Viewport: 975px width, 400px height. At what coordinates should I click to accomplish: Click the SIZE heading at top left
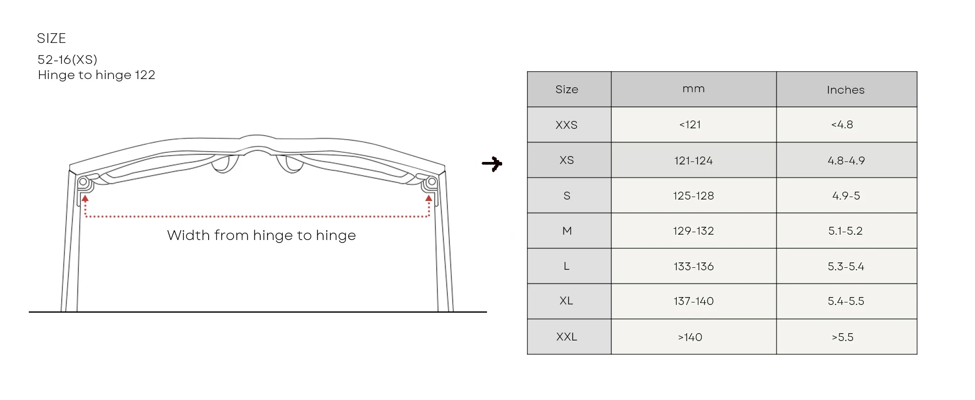pyautogui.click(x=51, y=38)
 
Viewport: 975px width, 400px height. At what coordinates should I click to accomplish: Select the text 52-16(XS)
pyautogui.click(x=67, y=60)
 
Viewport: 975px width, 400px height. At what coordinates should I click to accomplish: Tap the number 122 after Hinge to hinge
pyautogui.click(x=145, y=75)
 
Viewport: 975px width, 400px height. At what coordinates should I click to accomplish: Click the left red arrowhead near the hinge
pyautogui.click(x=85, y=198)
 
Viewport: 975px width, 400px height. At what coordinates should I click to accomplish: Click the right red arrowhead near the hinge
pyautogui.click(x=429, y=198)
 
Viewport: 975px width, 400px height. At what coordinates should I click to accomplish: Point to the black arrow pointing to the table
pyautogui.click(x=492, y=164)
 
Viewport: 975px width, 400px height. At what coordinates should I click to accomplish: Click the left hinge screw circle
pyautogui.click(x=83, y=182)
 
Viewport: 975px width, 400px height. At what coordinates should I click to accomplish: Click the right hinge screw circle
pyautogui.click(x=431, y=182)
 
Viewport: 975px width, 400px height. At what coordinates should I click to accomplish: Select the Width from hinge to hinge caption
pyautogui.click(x=261, y=235)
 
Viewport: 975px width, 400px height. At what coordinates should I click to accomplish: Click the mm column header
pyautogui.click(x=693, y=89)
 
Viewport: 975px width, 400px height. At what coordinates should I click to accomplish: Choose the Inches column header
pyautogui.click(x=846, y=90)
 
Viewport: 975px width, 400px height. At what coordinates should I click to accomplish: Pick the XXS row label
pyautogui.click(x=566, y=125)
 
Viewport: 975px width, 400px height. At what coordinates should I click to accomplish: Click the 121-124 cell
pyautogui.click(x=693, y=160)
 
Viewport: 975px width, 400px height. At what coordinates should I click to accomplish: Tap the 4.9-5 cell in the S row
pyautogui.click(x=846, y=196)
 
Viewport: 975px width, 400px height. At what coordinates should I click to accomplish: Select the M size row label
pyautogui.click(x=567, y=231)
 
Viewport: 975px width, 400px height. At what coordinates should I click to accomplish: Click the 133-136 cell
pyautogui.click(x=693, y=266)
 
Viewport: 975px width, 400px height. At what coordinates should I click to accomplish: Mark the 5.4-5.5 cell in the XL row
pyautogui.click(x=846, y=301)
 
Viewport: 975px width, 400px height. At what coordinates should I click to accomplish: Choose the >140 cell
pyautogui.click(x=690, y=337)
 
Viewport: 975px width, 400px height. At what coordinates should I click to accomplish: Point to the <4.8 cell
pyautogui.click(x=842, y=124)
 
